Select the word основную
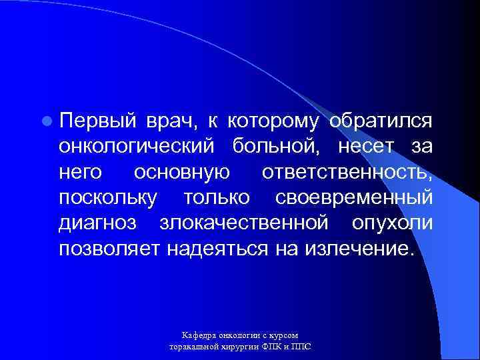182,173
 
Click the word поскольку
108,198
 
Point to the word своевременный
353,198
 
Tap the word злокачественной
244,223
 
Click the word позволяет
114,249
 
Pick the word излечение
359,249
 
